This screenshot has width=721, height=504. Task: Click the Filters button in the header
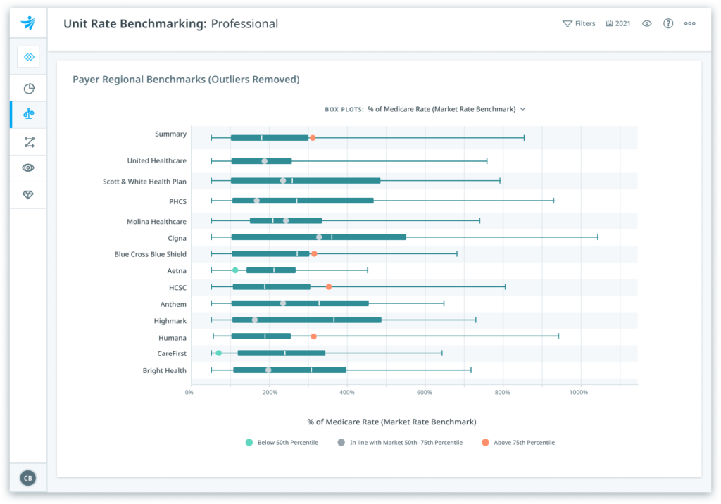coord(579,23)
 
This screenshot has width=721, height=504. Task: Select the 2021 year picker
coord(618,23)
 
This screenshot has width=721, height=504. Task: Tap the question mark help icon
coord(668,23)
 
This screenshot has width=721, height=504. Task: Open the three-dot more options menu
coord(690,23)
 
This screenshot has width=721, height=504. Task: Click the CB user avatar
coord(28,478)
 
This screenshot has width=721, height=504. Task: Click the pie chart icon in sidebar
coord(29,89)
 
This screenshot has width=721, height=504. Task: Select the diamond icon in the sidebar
coord(29,195)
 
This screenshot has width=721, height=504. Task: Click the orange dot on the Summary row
coord(313,137)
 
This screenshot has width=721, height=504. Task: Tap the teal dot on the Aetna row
coord(235,270)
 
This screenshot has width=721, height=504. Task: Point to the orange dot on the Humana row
coord(313,336)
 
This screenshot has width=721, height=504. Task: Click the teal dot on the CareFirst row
coord(219,353)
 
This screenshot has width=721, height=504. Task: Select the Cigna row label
coord(177,238)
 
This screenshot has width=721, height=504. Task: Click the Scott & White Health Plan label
coord(144,182)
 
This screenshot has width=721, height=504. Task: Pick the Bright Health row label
coord(164,370)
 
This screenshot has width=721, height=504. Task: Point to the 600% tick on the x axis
coord(424,392)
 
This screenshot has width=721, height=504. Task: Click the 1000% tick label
coord(579,392)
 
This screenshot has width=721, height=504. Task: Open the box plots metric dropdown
coord(446,109)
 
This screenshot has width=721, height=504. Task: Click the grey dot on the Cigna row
coord(319,237)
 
